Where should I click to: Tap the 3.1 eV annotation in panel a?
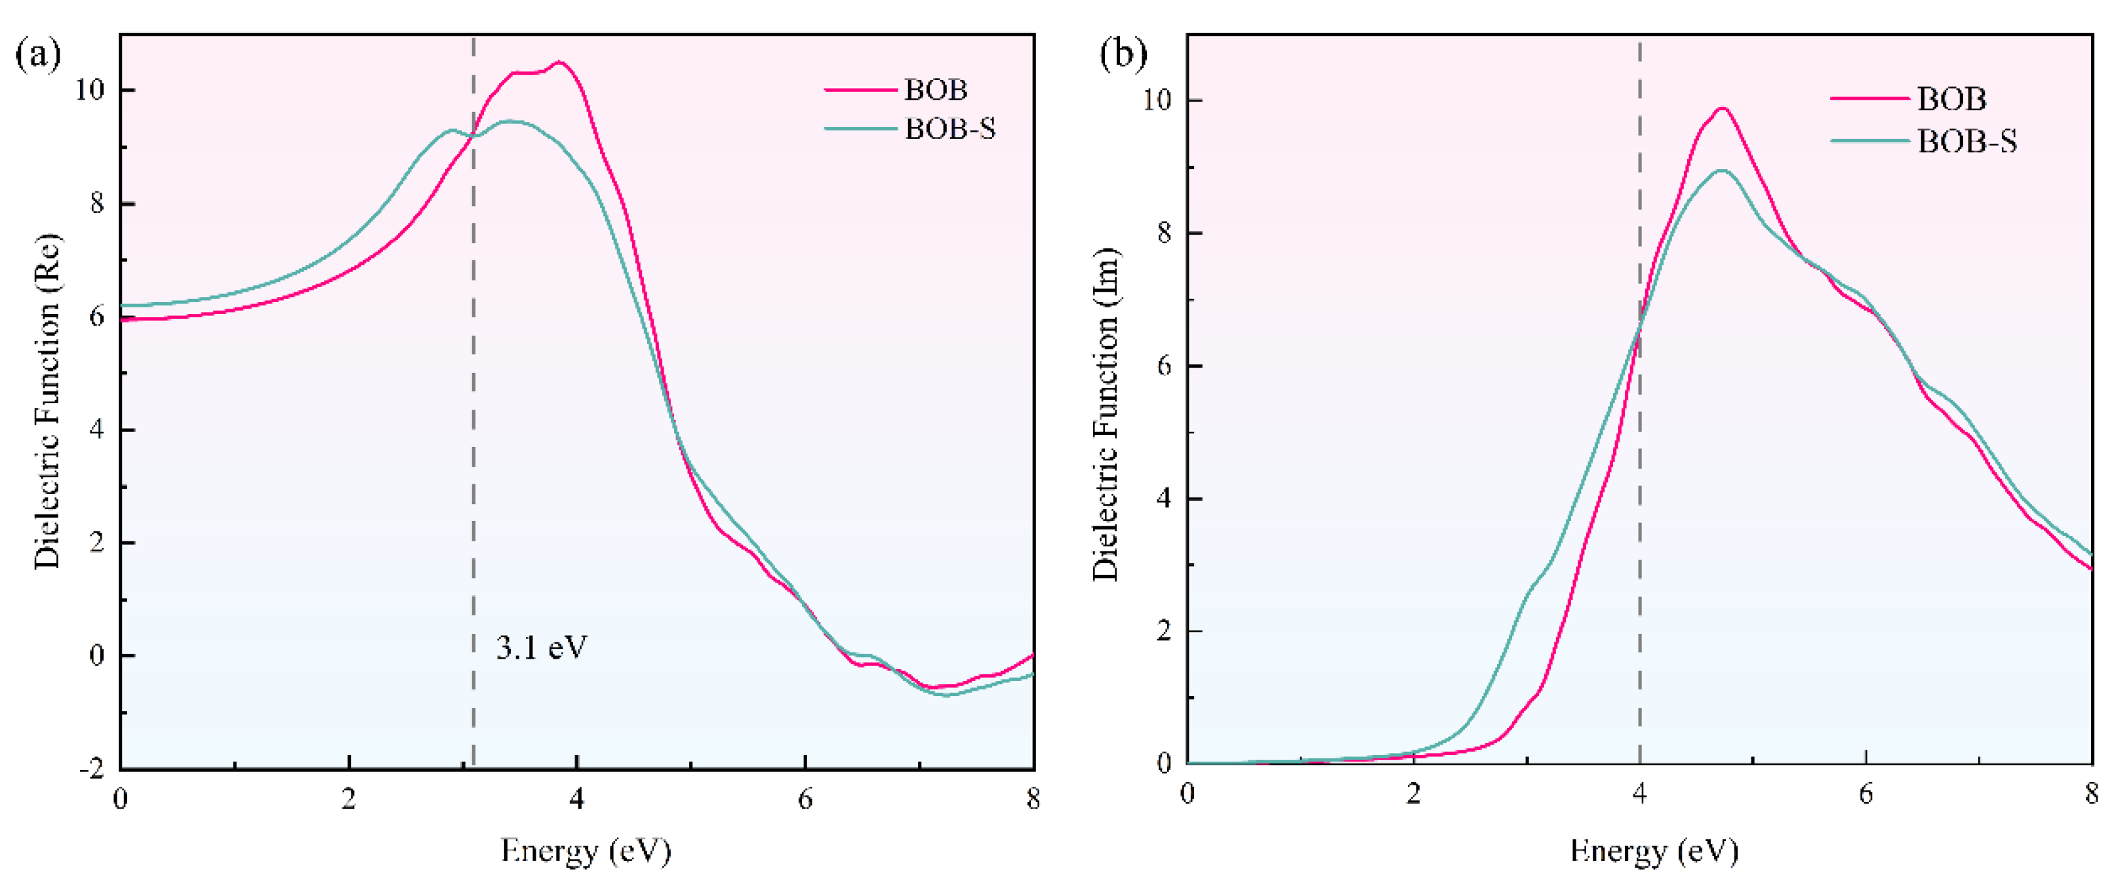coord(542,648)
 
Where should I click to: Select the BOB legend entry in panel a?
coord(936,90)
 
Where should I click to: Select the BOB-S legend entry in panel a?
coord(949,129)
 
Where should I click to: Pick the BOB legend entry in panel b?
coord(1951,100)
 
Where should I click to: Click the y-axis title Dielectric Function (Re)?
coord(48,402)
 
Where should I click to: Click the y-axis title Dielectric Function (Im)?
coord(1106,415)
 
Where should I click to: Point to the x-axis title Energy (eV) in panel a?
coord(586,851)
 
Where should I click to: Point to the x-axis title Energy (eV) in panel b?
coord(1654,851)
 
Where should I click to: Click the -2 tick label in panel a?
coord(91,769)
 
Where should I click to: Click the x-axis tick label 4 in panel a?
coord(578,799)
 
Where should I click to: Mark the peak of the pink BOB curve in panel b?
coord(1723,108)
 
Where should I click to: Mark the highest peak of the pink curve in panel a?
coord(560,62)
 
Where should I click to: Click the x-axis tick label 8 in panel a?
coord(1033,799)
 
